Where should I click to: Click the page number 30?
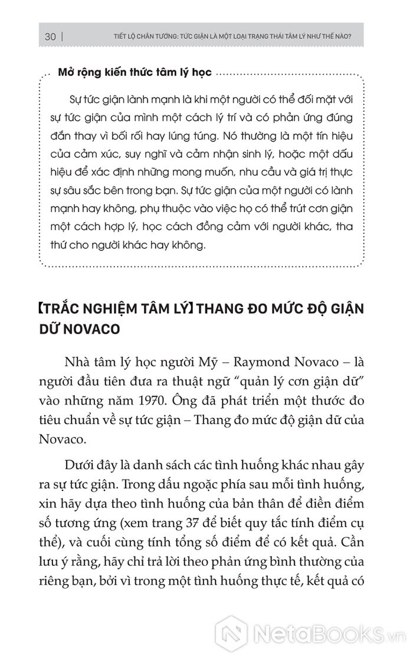click(50, 37)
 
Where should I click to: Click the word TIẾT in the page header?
click(121, 37)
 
